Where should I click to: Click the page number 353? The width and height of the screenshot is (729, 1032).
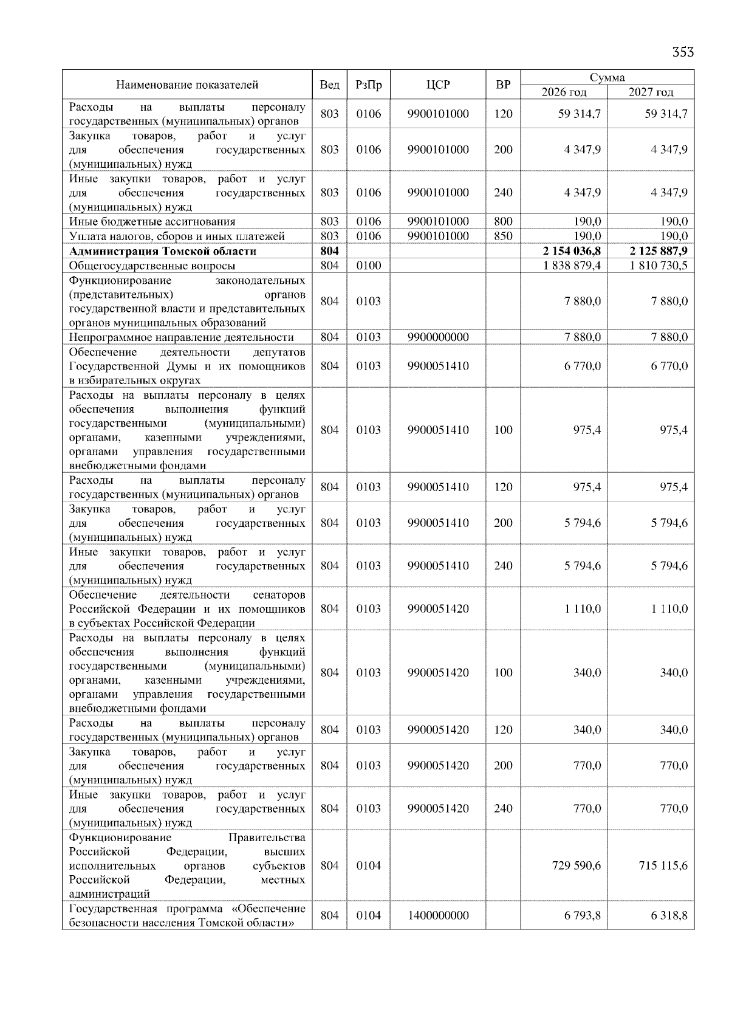683,52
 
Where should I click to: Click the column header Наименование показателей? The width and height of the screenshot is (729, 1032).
187,85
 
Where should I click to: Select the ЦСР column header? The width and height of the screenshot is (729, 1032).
438,85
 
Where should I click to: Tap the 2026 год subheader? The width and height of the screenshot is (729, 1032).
564,92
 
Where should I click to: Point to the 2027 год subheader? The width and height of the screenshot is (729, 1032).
651,92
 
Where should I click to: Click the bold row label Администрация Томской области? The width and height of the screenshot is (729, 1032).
163,251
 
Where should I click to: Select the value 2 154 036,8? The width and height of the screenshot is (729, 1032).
572,251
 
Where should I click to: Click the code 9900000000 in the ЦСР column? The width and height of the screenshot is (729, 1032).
438,337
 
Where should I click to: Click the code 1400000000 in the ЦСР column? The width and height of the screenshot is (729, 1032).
438,915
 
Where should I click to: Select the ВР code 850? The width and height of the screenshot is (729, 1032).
503,236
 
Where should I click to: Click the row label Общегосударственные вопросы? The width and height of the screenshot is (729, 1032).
152,266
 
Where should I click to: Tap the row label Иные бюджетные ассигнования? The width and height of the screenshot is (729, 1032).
152,222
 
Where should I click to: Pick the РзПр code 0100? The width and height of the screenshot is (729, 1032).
368,266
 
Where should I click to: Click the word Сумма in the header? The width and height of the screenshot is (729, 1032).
607,78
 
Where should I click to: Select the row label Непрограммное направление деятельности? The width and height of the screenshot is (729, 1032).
181,337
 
